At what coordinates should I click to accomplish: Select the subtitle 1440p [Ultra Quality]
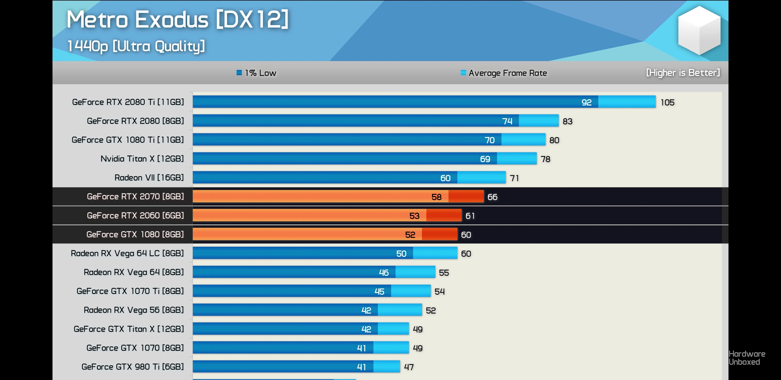click(x=136, y=46)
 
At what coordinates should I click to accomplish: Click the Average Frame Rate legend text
click(x=508, y=73)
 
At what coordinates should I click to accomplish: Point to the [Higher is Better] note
click(x=683, y=73)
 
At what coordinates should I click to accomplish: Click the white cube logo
click(x=699, y=30)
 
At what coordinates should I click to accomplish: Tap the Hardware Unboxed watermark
click(x=747, y=358)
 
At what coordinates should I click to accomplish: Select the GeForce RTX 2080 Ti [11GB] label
click(x=128, y=102)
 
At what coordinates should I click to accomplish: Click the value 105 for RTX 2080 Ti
click(x=667, y=102)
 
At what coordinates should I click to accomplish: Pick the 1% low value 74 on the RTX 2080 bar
click(x=507, y=121)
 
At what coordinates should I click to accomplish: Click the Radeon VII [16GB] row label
click(x=149, y=177)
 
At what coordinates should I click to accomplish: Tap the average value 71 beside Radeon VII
click(x=514, y=178)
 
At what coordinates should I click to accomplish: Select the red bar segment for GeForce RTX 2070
click(x=466, y=197)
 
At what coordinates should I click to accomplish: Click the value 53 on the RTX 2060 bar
click(x=414, y=216)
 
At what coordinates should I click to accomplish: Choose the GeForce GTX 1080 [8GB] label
click(x=135, y=234)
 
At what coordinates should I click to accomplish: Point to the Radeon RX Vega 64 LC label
click(x=127, y=253)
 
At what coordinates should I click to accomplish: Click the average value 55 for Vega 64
click(x=444, y=273)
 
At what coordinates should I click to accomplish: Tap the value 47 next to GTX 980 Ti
click(x=409, y=367)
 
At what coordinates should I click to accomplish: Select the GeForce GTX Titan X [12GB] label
click(x=128, y=329)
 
